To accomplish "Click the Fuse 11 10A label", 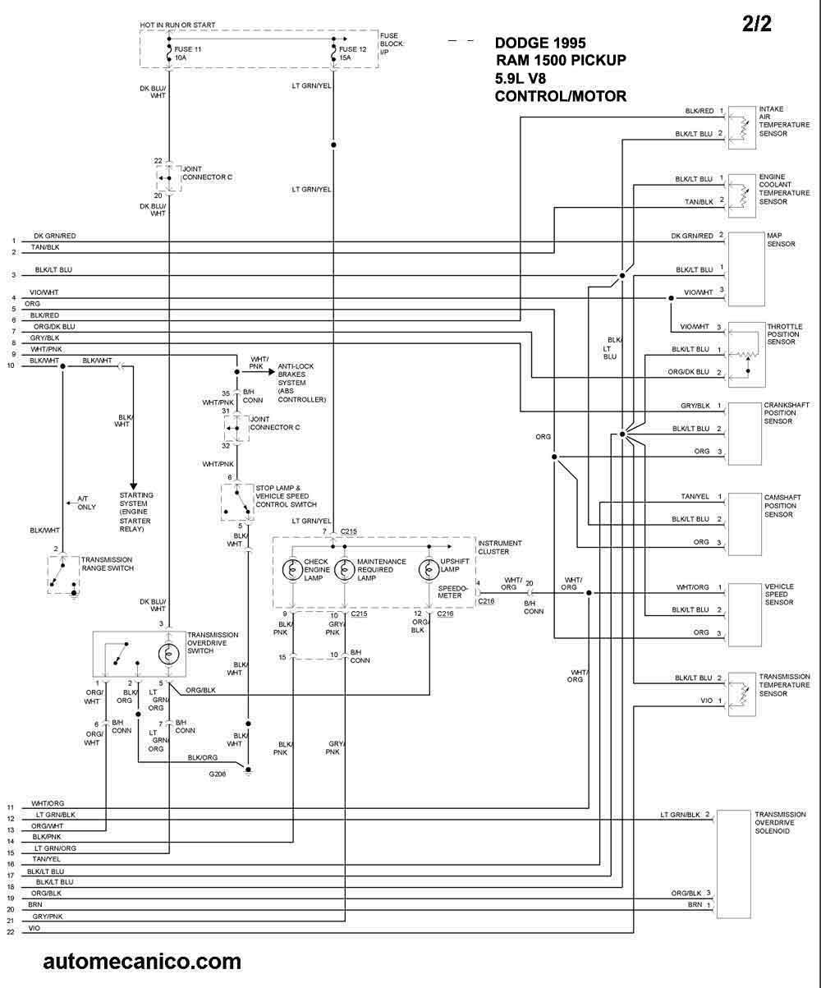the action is click(187, 53).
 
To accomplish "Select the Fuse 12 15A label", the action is click(352, 53).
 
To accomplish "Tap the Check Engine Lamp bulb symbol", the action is click(292, 570).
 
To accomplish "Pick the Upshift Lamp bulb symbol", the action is click(429, 569).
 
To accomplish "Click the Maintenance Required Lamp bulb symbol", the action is click(344, 570).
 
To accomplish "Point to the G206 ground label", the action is click(217, 774).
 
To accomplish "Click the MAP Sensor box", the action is click(745, 269).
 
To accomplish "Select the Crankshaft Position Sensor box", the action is click(745, 434).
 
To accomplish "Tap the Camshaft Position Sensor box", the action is click(745, 524).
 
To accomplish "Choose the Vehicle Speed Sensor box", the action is click(745, 614).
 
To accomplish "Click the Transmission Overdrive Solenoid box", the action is click(733, 864).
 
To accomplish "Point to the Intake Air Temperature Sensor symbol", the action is click(741, 128).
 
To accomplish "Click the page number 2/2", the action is click(757, 24).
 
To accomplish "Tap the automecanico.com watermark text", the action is click(142, 962).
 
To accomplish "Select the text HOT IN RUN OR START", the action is click(177, 25).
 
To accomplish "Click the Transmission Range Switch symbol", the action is click(63, 574).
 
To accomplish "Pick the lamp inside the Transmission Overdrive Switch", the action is click(168, 654).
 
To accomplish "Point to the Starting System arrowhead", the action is click(133, 486).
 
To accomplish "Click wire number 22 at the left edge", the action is click(11, 932).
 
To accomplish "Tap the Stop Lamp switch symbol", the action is click(237, 503).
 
